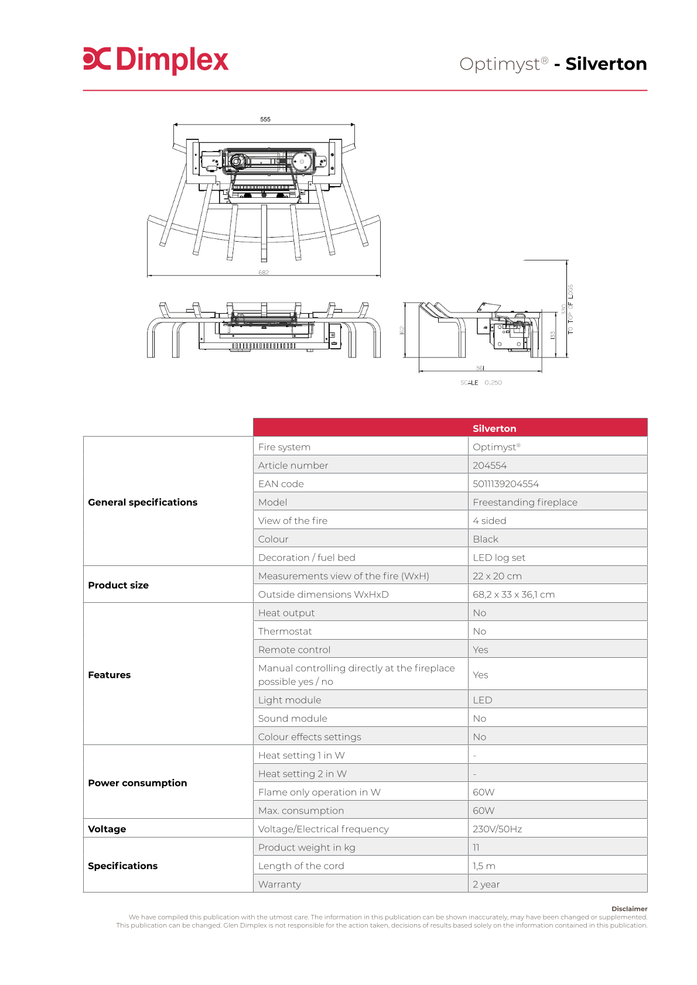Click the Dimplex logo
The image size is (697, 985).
pos(156,60)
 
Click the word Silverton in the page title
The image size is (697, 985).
pos(606,64)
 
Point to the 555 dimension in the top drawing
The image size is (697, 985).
pos(265,119)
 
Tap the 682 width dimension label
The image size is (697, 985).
pos(264,273)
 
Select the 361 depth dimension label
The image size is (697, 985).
pos(480,368)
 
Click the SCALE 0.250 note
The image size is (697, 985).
pos(481,383)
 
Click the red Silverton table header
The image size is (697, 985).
pos(494,428)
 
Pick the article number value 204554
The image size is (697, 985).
pos(490,465)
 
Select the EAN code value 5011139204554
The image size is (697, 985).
pos(505,484)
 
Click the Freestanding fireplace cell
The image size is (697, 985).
pos(525,502)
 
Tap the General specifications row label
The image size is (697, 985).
pos(143,502)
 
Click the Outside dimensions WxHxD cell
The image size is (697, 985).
pos(323,595)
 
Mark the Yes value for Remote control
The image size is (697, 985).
pos(480,650)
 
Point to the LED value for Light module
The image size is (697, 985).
pos(483,700)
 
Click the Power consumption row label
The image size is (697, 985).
pos(138,783)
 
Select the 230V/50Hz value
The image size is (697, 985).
pos(497,829)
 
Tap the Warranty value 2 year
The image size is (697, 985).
pos(486,884)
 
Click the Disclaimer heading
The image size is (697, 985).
pos(629,909)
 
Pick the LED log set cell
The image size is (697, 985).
pos(499,558)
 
